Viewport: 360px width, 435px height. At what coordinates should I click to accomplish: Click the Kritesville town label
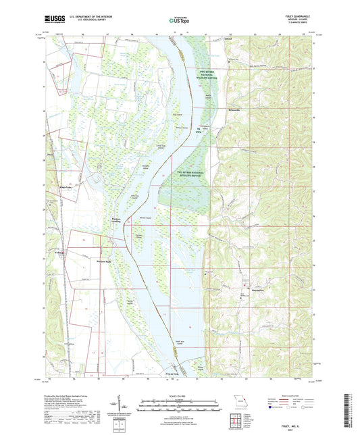(231, 109)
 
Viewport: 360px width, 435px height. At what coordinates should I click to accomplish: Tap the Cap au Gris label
(172, 374)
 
